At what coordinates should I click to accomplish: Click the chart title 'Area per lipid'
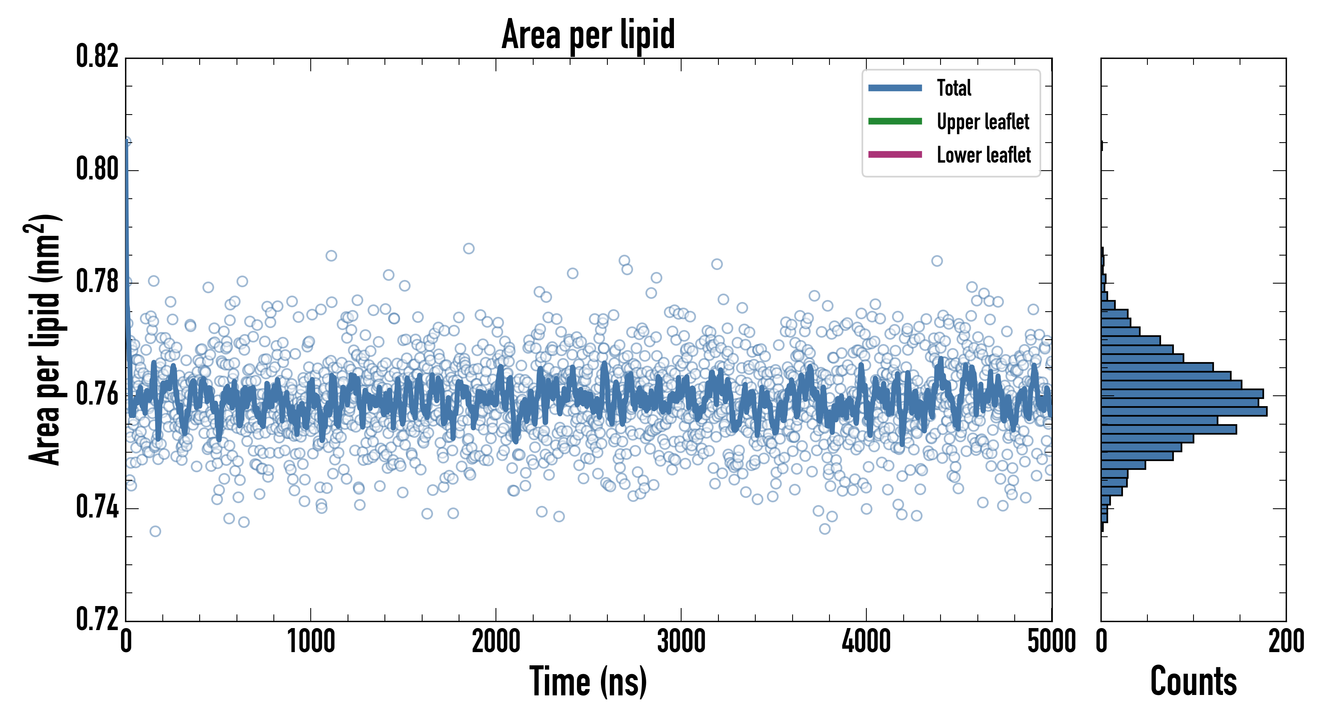[x=588, y=34]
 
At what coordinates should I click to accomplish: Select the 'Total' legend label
[x=954, y=88]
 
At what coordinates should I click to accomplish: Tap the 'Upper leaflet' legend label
[x=983, y=122]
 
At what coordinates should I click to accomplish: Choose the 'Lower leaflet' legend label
[x=983, y=155]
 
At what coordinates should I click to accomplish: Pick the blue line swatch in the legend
[x=895, y=88]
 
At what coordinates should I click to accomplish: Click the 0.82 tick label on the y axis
[x=97, y=57]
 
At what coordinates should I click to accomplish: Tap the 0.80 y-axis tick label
[x=97, y=169]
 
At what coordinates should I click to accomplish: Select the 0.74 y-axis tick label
[x=97, y=508]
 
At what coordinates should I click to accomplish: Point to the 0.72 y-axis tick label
[x=97, y=619]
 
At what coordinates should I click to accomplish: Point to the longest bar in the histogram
[x=1184, y=411]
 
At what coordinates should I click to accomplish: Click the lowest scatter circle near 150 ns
[x=155, y=531]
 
